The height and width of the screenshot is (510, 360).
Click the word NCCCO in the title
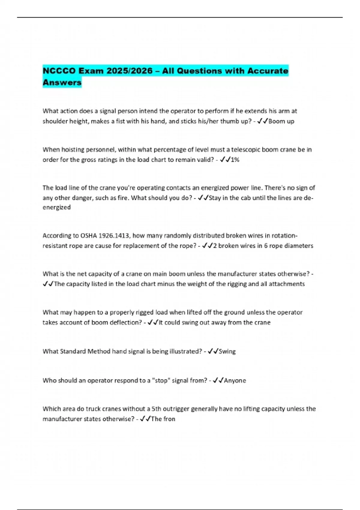(x=59, y=71)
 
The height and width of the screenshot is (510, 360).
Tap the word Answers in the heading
(x=62, y=82)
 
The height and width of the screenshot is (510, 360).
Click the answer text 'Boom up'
(x=281, y=121)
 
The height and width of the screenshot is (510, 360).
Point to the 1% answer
(x=235, y=160)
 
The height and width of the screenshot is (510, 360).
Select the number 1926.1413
(x=115, y=235)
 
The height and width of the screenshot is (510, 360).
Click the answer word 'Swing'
(x=227, y=351)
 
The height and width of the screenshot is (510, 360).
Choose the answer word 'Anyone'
(x=235, y=381)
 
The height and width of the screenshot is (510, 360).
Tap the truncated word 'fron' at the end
(x=169, y=419)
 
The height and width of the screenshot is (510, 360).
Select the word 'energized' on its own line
(x=57, y=207)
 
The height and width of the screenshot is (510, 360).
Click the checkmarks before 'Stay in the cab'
(x=203, y=198)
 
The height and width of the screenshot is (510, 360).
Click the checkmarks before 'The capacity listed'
(x=48, y=284)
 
